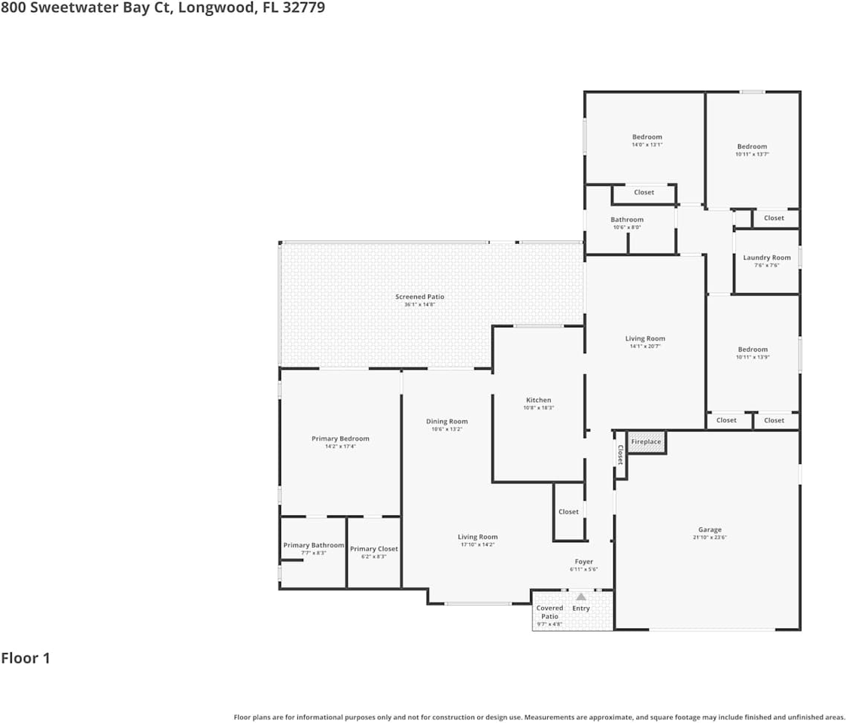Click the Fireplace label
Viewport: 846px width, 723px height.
click(646, 441)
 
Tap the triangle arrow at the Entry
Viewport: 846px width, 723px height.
click(580, 596)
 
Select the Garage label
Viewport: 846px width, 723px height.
click(709, 529)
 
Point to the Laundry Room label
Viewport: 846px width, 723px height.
click(766, 258)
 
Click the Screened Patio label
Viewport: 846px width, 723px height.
click(419, 297)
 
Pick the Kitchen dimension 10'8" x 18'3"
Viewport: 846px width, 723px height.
click(538, 407)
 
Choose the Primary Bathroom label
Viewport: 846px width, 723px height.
click(313, 545)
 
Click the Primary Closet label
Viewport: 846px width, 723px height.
click(373, 549)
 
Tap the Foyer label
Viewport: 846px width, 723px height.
click(583, 562)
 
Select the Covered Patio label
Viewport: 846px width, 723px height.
click(549, 612)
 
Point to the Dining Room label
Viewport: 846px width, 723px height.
click(446, 422)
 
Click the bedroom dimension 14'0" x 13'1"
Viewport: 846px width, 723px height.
click(647, 145)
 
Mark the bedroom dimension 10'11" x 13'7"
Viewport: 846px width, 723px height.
click(752, 154)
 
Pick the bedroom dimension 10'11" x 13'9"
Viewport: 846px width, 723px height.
click(753, 357)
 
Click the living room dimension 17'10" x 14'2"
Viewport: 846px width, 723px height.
click(477, 545)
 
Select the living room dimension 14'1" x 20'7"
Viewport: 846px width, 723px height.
click(645, 346)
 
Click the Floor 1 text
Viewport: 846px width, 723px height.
click(26, 658)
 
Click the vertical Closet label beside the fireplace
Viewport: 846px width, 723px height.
click(620, 454)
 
